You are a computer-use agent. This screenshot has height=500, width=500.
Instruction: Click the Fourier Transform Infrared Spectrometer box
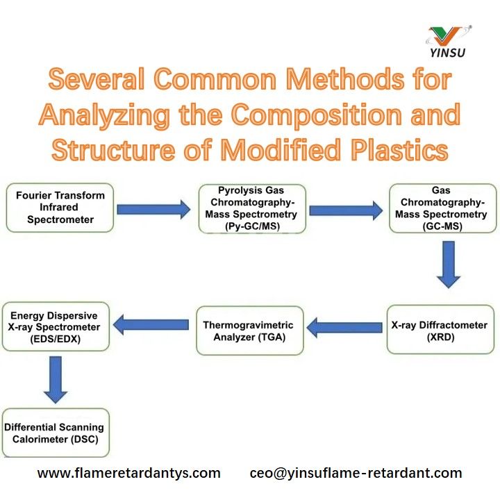[x=60, y=208]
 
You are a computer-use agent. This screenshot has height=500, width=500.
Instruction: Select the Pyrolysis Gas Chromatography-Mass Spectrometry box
[x=251, y=208]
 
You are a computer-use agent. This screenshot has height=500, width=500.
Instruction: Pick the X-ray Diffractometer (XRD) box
[x=441, y=331]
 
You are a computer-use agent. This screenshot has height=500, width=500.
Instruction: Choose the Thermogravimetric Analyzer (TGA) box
[x=249, y=331]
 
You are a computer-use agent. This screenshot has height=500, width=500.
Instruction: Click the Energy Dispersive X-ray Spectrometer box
[x=55, y=326]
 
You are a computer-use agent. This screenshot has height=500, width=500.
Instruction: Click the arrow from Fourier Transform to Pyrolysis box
[x=153, y=208]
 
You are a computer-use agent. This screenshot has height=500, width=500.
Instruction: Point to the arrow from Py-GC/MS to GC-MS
[x=345, y=208]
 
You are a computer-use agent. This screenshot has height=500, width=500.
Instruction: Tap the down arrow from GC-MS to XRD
[x=449, y=264]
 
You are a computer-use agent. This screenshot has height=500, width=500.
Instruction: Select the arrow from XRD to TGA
[x=345, y=326]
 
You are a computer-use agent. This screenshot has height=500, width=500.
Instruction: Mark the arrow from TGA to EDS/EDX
[x=151, y=324]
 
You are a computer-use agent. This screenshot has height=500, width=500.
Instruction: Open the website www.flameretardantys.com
[x=128, y=474]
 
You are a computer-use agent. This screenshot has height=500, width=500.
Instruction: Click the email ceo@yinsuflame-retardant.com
[x=356, y=474]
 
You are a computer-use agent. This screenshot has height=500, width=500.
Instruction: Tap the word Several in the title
[x=96, y=81]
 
